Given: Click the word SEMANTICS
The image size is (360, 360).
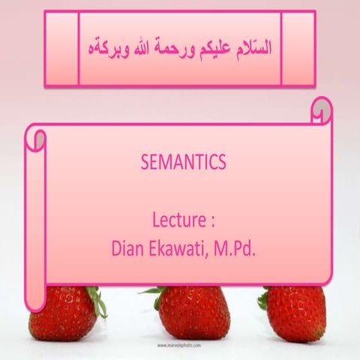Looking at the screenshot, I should pyautogui.click(x=183, y=162).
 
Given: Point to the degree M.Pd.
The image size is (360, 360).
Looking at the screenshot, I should pyautogui.click(x=237, y=248).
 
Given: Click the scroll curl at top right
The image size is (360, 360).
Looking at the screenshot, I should pyautogui.click(x=322, y=112).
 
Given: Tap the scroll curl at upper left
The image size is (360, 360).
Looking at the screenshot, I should pyautogui.click(x=36, y=138).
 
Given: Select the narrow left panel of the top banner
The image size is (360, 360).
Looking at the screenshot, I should pyautogui.click(x=61, y=48).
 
